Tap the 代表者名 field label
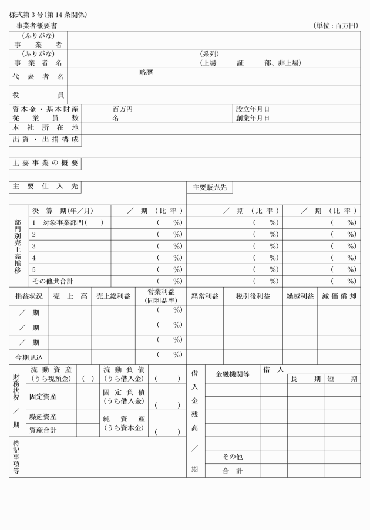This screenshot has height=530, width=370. click(38, 76)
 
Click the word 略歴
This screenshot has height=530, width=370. click(146, 73)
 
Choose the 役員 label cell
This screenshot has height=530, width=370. click(38, 94)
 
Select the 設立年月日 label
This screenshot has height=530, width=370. click(253, 109)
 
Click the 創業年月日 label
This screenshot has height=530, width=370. click(253, 118)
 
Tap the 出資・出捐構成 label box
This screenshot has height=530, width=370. click(45, 140)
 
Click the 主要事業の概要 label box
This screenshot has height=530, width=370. click(45, 163)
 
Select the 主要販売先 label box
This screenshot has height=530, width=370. click(210, 187)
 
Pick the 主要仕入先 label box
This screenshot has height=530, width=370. click(45, 186)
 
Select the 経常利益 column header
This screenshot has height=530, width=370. click(205, 296)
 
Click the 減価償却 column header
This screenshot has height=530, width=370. click(339, 296)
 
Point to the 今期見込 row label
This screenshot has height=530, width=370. click(29, 357)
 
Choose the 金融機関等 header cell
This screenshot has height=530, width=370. click(233, 373)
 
